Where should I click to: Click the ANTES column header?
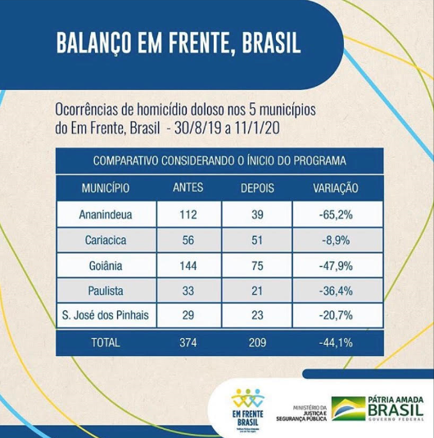tap(188, 187)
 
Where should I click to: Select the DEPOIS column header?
tap(258, 187)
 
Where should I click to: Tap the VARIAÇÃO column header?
tap(336, 187)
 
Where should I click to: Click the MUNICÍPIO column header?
tap(105, 187)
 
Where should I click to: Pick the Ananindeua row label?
tap(105, 215)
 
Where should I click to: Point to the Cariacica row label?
tap(105, 241)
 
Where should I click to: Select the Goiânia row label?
tap(105, 267)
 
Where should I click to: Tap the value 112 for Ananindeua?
tap(188, 215)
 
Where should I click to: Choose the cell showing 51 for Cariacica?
tap(258, 241)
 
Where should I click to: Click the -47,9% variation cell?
tap(336, 267)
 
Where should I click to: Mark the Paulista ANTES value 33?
tap(188, 291)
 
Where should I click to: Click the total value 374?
tap(188, 344)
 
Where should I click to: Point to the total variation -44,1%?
tap(336, 344)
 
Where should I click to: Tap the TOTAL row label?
tap(105, 344)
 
